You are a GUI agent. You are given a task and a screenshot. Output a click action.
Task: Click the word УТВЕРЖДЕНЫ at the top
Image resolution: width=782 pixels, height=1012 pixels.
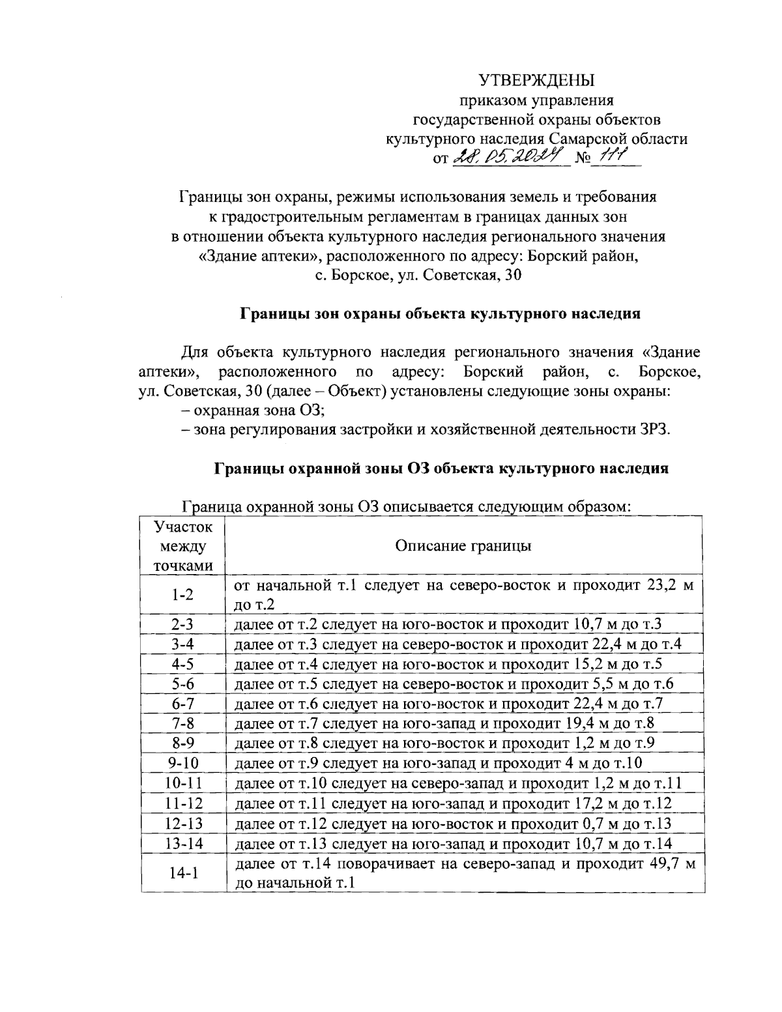tap(537, 81)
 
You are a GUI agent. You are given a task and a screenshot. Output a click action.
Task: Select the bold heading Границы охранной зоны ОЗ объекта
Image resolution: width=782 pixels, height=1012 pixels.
tap(441, 468)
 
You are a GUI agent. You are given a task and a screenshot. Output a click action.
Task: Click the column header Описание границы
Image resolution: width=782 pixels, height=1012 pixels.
tap(463, 545)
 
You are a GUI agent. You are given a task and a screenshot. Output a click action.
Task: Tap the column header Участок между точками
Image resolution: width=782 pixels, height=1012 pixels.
tap(183, 545)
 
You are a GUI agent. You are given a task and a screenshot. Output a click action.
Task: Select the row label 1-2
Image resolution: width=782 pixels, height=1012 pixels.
tap(183, 594)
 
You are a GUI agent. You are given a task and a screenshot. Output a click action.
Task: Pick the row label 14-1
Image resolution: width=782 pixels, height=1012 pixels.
tap(183, 874)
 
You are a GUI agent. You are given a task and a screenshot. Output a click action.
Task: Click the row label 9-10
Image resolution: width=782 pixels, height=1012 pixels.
tap(183, 763)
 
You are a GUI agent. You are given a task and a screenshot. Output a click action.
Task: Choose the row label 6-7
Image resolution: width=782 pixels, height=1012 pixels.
tap(183, 704)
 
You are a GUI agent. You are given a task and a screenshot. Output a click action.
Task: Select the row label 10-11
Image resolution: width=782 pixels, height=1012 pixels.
tap(183, 783)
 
